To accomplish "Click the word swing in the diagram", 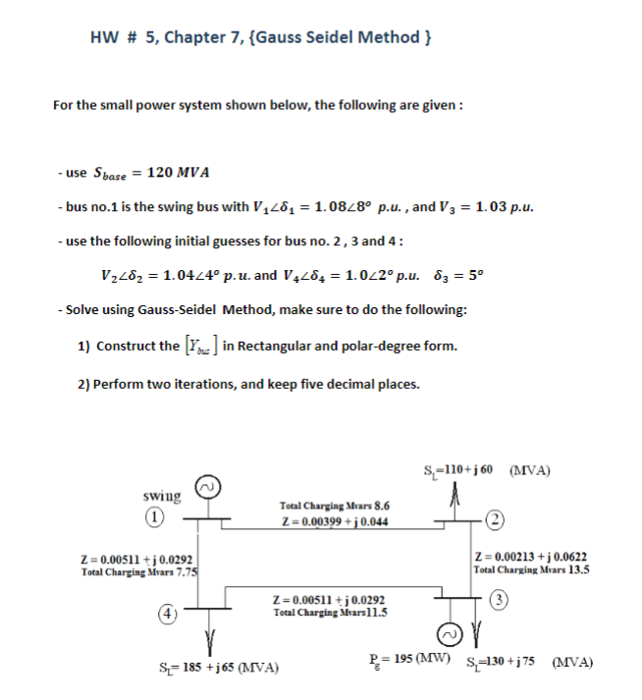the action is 161,497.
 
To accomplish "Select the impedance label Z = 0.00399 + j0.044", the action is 334,521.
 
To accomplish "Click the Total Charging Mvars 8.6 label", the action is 334,507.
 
